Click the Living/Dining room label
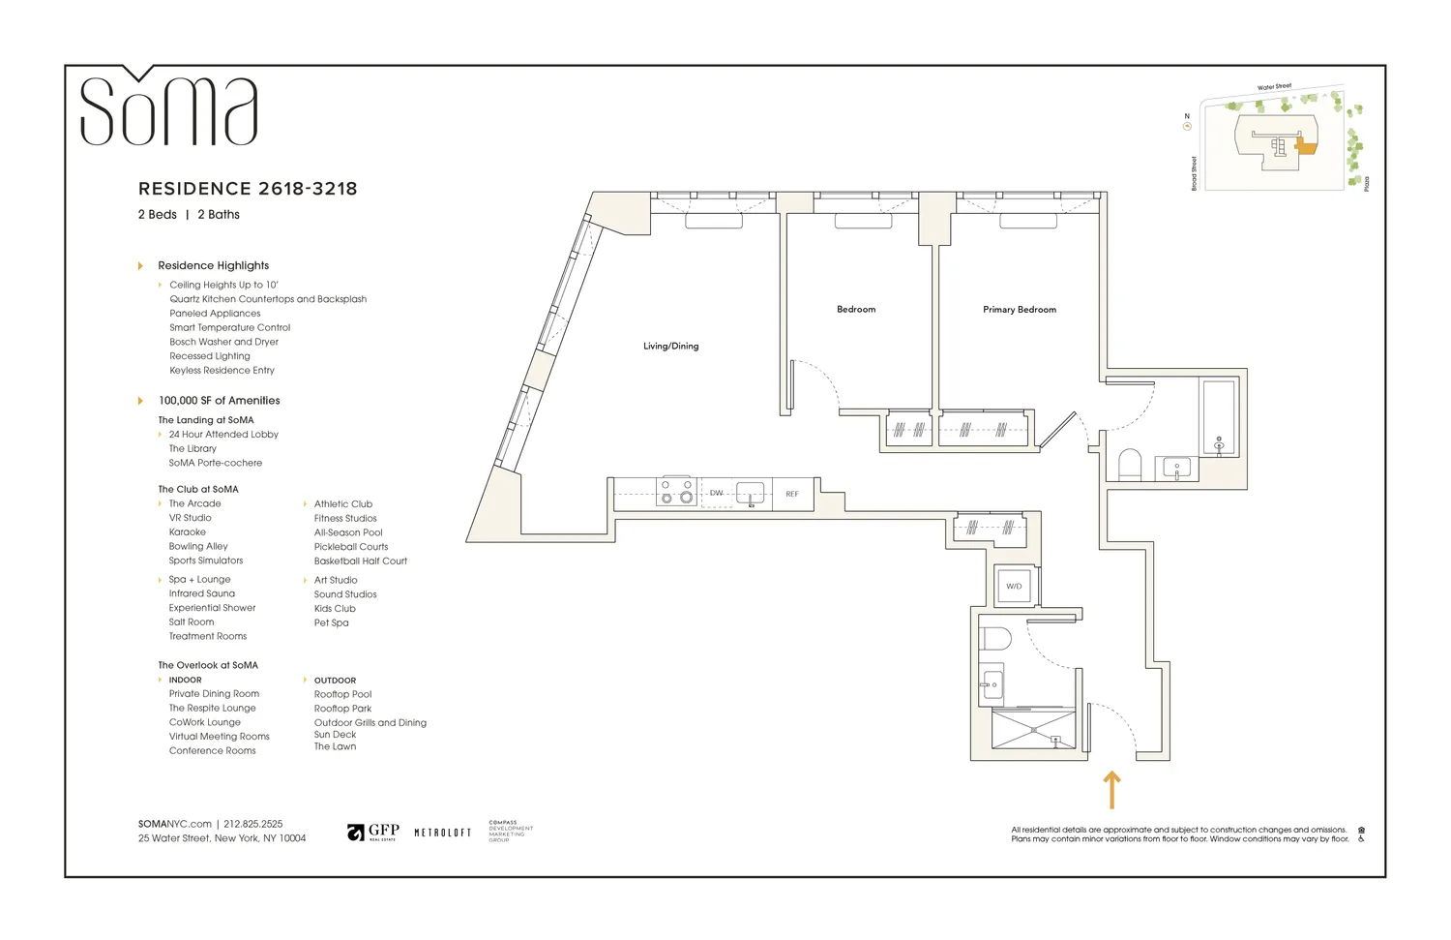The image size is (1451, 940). (670, 346)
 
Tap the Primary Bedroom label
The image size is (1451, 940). (1019, 310)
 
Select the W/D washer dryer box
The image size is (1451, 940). (1014, 586)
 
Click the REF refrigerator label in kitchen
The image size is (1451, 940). (791, 494)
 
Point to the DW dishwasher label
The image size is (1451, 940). (716, 493)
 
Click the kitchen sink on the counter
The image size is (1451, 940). (751, 494)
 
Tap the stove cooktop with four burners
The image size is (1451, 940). (676, 492)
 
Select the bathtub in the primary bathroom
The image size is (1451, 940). (1218, 418)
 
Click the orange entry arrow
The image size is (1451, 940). (1111, 789)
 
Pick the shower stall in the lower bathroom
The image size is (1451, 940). (1033, 730)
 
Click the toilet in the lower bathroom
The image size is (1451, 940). (994, 639)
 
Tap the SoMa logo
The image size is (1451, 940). (168, 108)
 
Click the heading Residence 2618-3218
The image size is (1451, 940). (248, 189)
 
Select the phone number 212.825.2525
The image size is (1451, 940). (253, 824)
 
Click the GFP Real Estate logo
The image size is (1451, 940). (373, 833)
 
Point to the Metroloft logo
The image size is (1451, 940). (442, 833)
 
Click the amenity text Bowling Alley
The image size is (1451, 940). (198, 546)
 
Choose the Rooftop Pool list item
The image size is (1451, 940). (342, 694)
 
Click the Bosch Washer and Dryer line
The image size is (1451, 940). (223, 342)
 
